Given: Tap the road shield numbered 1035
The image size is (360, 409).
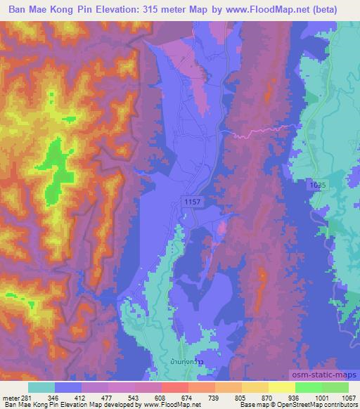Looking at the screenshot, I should [316, 183].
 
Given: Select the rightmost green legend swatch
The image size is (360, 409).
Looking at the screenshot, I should [335, 387].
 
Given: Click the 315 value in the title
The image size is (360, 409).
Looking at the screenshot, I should [155, 10].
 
